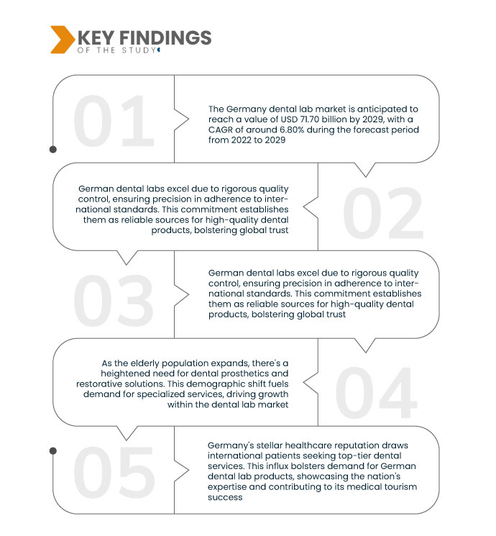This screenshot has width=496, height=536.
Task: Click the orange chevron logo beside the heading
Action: point(62,40)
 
